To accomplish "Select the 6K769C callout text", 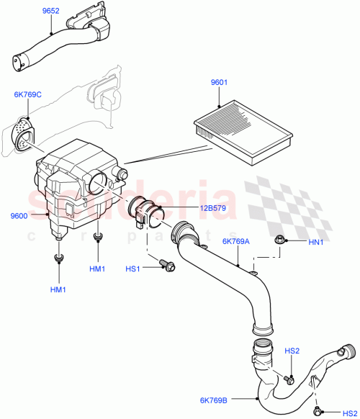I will coord(27,94).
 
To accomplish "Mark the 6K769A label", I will coord(237,242).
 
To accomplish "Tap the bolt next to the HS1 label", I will coord(168,267).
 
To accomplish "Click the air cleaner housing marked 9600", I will coord(76,184).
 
